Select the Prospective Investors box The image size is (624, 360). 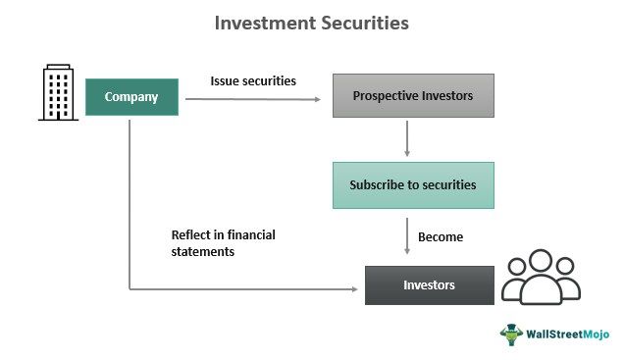pyautogui.click(x=412, y=95)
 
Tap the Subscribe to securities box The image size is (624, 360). pyautogui.click(x=412, y=184)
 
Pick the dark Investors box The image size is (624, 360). pyautogui.click(x=429, y=284)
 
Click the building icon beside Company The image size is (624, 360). pyautogui.click(x=58, y=93)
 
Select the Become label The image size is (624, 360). pyautogui.click(x=440, y=236)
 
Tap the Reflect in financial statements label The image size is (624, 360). pyautogui.click(x=223, y=243)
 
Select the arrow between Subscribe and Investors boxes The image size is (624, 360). pyautogui.click(x=407, y=236)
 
